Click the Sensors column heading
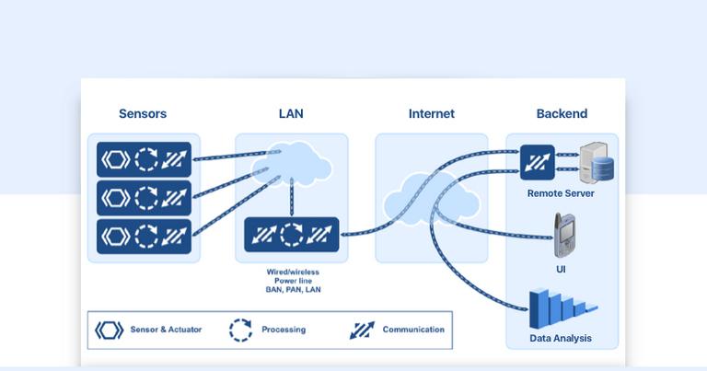coord(143,114)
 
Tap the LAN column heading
coord(291,114)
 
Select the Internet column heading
coord(431,114)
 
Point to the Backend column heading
coord(562,114)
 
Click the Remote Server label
coord(561,193)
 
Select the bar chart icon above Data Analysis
coord(562,309)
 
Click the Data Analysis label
coord(561,339)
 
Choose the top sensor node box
coord(144,159)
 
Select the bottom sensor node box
coord(144,237)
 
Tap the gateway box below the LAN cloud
coord(291,236)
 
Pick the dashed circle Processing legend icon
coord(240,330)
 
